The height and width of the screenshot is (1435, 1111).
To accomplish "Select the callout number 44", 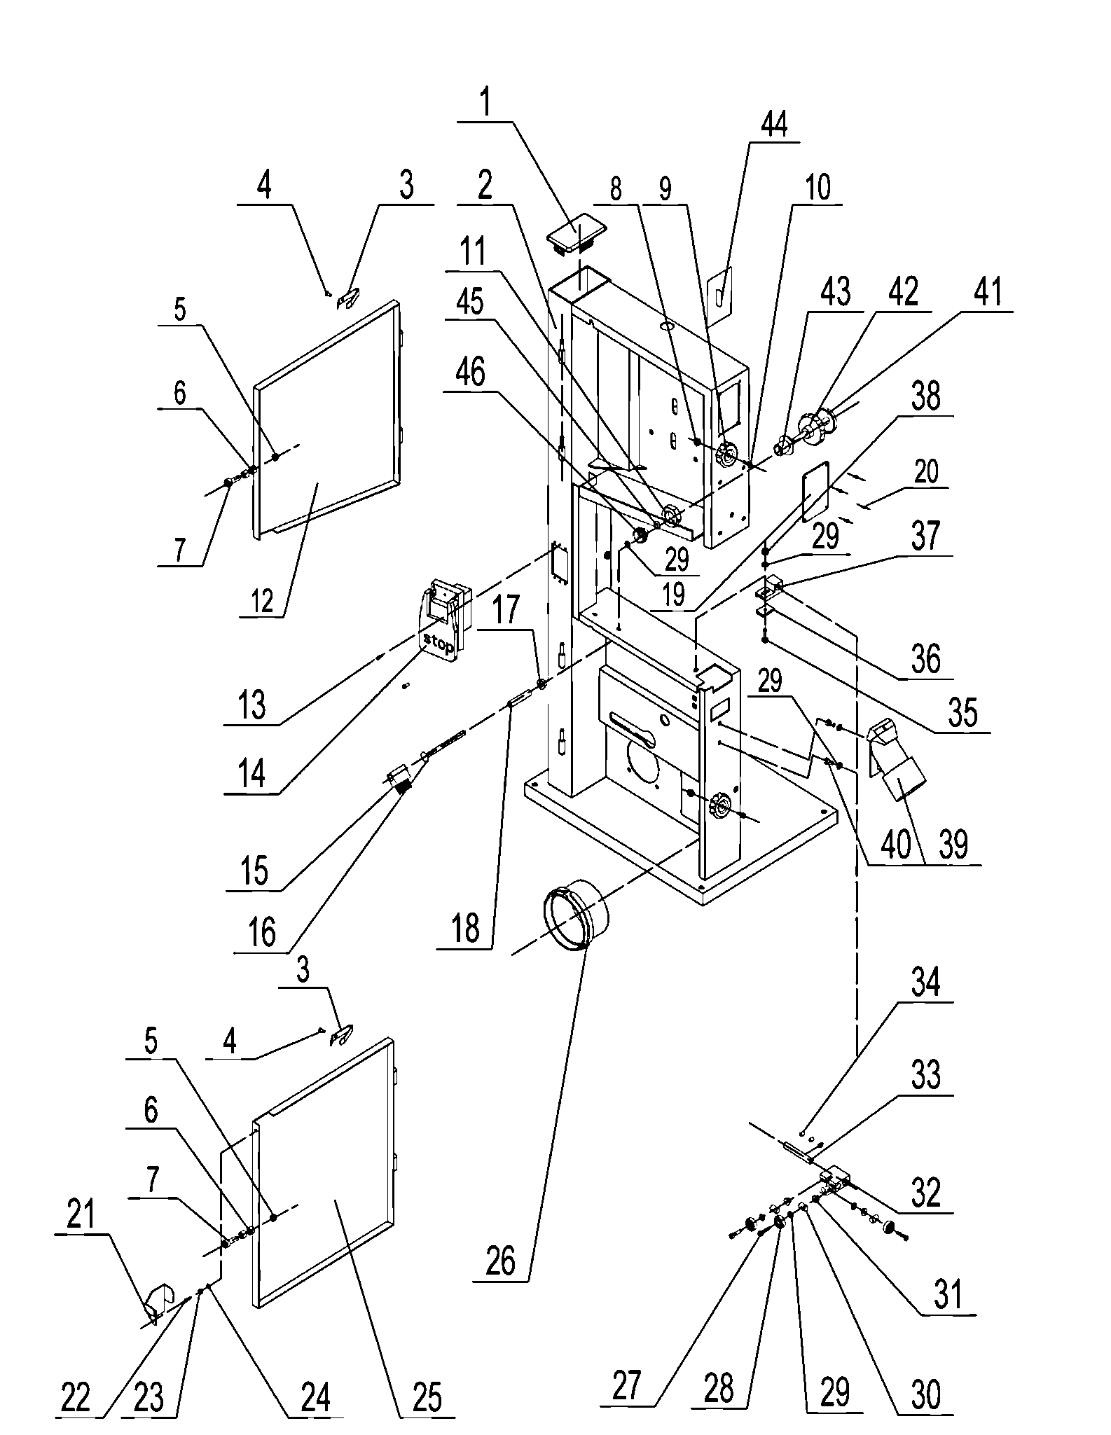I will pyautogui.click(x=774, y=124).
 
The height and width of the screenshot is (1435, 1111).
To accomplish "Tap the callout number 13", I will pyautogui.click(x=251, y=704).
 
